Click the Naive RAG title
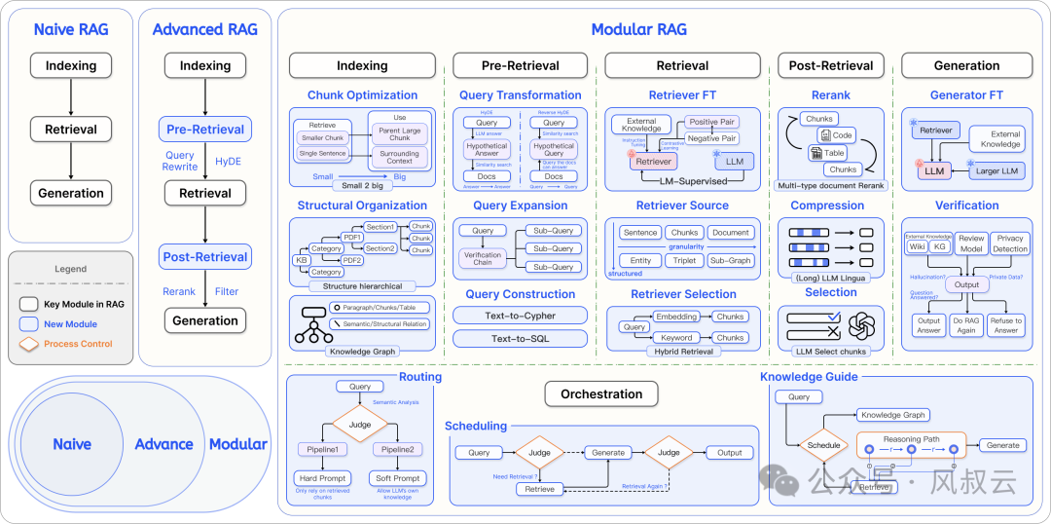click(70, 29)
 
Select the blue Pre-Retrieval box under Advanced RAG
click(205, 130)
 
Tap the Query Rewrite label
click(179, 161)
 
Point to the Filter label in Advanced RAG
click(227, 291)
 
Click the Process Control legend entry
click(77, 344)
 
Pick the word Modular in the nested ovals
click(238, 444)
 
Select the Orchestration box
click(601, 394)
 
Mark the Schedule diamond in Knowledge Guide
click(823, 445)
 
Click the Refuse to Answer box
click(1005, 325)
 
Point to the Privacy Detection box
click(1010, 243)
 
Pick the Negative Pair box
click(710, 138)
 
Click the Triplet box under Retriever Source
click(685, 261)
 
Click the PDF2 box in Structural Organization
click(352, 260)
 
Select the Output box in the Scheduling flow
click(729, 453)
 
